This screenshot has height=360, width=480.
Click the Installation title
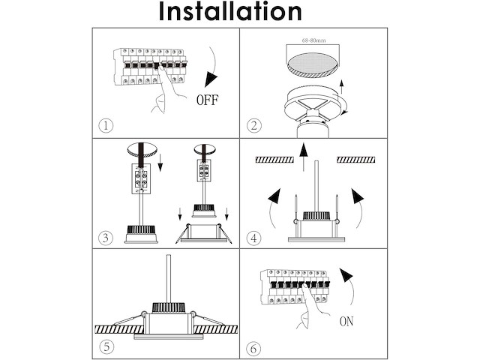pos(230,12)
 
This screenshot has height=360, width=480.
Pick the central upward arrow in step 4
pos(302,161)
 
